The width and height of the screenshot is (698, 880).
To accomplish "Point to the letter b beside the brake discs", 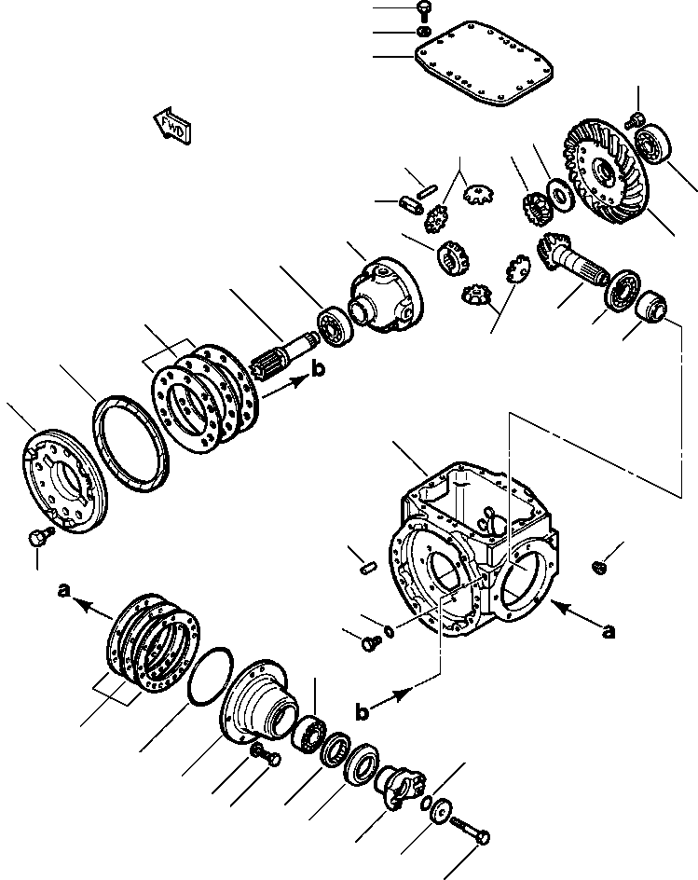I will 320,369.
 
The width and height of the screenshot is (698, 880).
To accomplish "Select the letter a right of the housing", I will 609,631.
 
